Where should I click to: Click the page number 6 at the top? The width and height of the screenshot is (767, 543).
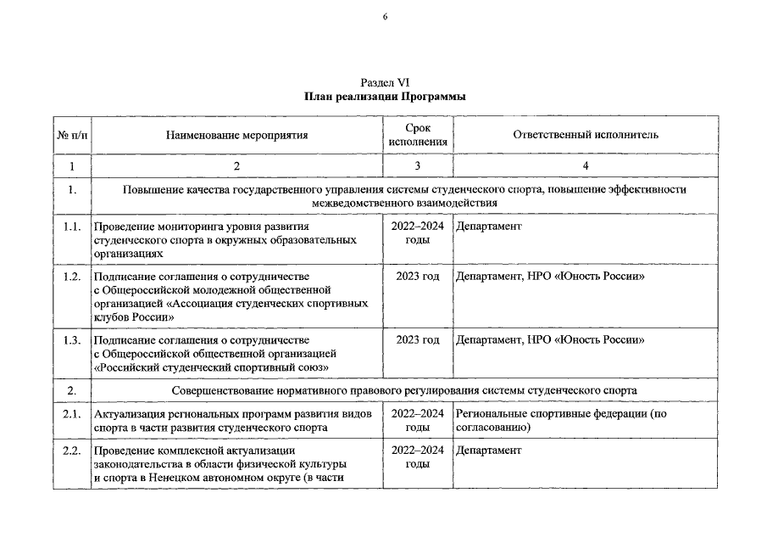click(x=383, y=17)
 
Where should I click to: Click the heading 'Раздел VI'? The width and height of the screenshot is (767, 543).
click(x=385, y=82)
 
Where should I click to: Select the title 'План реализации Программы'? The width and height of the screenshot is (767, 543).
click(x=385, y=97)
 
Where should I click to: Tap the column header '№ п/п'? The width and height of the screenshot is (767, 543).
click(x=72, y=135)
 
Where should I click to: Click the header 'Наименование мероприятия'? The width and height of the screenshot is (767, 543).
click(x=236, y=135)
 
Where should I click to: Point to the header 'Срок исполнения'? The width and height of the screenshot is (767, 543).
click(x=417, y=135)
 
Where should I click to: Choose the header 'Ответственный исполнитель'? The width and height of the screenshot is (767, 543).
click(x=586, y=135)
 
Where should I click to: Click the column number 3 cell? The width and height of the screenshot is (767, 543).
click(x=417, y=165)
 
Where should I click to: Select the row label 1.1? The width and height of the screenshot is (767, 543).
click(x=72, y=227)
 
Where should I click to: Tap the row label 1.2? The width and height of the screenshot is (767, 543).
click(x=72, y=277)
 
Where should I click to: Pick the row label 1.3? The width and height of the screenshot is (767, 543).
click(x=72, y=340)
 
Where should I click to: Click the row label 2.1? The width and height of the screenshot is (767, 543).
click(x=72, y=413)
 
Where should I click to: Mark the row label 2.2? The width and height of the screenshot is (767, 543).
click(x=72, y=450)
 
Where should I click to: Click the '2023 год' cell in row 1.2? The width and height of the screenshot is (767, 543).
click(x=417, y=277)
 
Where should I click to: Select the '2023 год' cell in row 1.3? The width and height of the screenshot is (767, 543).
click(x=417, y=340)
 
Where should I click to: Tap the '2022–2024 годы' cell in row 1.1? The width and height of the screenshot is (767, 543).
click(x=417, y=233)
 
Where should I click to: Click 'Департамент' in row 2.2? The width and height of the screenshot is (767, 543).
click(x=488, y=450)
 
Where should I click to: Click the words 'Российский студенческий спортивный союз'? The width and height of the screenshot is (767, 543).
click(x=212, y=367)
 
